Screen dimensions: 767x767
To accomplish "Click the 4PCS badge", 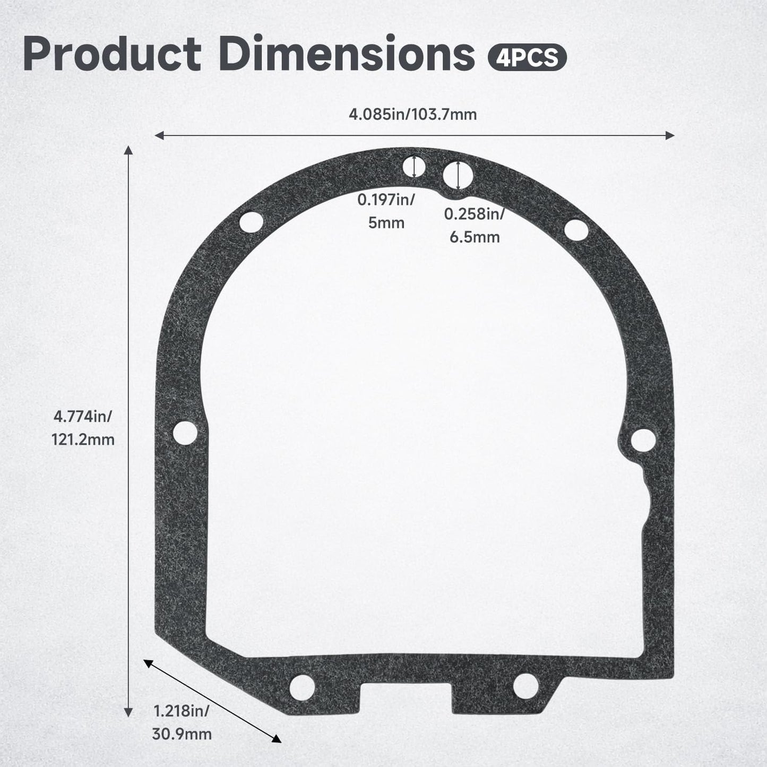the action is click(527, 57).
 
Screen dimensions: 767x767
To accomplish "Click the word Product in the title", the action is click(112, 54).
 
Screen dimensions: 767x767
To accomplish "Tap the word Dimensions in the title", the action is click(347, 53).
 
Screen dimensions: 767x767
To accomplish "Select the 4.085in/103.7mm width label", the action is click(413, 114).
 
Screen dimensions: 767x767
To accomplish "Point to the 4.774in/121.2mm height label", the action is click(83, 428).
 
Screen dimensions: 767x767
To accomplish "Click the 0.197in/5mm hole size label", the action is click(386, 211).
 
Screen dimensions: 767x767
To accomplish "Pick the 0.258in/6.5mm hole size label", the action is click(475, 225).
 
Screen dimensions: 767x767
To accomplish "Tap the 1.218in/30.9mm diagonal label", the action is click(182, 722).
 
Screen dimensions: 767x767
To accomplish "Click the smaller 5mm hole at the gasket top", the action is click(414, 167).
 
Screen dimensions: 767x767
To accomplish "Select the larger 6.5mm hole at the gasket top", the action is click(458, 176).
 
